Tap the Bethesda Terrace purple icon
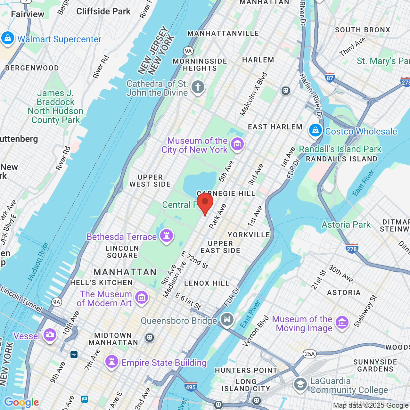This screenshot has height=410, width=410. pos(166,236)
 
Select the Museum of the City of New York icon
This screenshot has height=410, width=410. pos(237,144)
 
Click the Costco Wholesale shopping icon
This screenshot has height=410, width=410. pos(316,131)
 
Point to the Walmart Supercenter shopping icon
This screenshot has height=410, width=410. pos(8,38)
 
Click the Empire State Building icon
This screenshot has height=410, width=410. pos(112,362)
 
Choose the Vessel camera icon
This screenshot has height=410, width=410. pos(50,335)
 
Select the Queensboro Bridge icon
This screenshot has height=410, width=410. pos(227,320)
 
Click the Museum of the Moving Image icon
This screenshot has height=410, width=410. pos(342,323)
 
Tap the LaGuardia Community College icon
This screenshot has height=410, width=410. pos(300,384)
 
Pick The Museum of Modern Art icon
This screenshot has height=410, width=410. pos(141,298)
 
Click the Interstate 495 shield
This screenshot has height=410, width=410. pos(191,387)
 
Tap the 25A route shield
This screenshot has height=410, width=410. pos(310,354)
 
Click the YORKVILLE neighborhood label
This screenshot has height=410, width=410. pos(249,235)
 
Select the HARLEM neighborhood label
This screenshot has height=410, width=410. pos(258,60)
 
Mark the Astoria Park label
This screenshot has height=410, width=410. pos(346,225)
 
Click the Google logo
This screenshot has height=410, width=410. pos(21,402)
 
